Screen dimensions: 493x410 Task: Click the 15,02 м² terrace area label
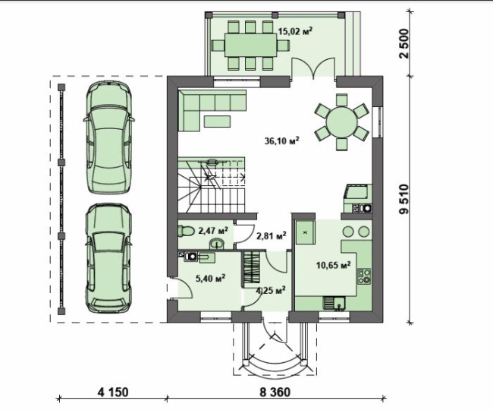click(295, 31)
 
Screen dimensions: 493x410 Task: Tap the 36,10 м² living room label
click(281, 140)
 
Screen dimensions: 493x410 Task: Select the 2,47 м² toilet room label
click(213, 231)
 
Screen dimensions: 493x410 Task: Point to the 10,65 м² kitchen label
click(333, 265)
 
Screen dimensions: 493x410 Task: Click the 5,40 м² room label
click(210, 278)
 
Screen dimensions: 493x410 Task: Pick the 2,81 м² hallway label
click(272, 235)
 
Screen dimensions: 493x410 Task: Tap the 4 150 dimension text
click(113, 393)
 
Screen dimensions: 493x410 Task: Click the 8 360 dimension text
click(275, 393)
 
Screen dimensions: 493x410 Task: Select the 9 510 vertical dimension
click(404, 199)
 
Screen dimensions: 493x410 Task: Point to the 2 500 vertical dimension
click(404, 43)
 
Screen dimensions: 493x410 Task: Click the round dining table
click(341, 121)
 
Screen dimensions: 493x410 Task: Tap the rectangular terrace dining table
click(250, 45)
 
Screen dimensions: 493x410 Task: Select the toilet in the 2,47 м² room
click(186, 231)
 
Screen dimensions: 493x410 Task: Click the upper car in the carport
click(108, 137)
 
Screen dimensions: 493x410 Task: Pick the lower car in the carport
click(108, 258)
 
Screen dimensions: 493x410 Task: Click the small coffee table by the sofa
click(217, 121)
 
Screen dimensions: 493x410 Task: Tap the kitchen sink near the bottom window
click(334, 304)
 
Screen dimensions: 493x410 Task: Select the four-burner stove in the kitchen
click(364, 276)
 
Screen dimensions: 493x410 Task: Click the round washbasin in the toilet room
click(217, 243)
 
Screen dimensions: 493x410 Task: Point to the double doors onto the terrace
click(312, 68)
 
